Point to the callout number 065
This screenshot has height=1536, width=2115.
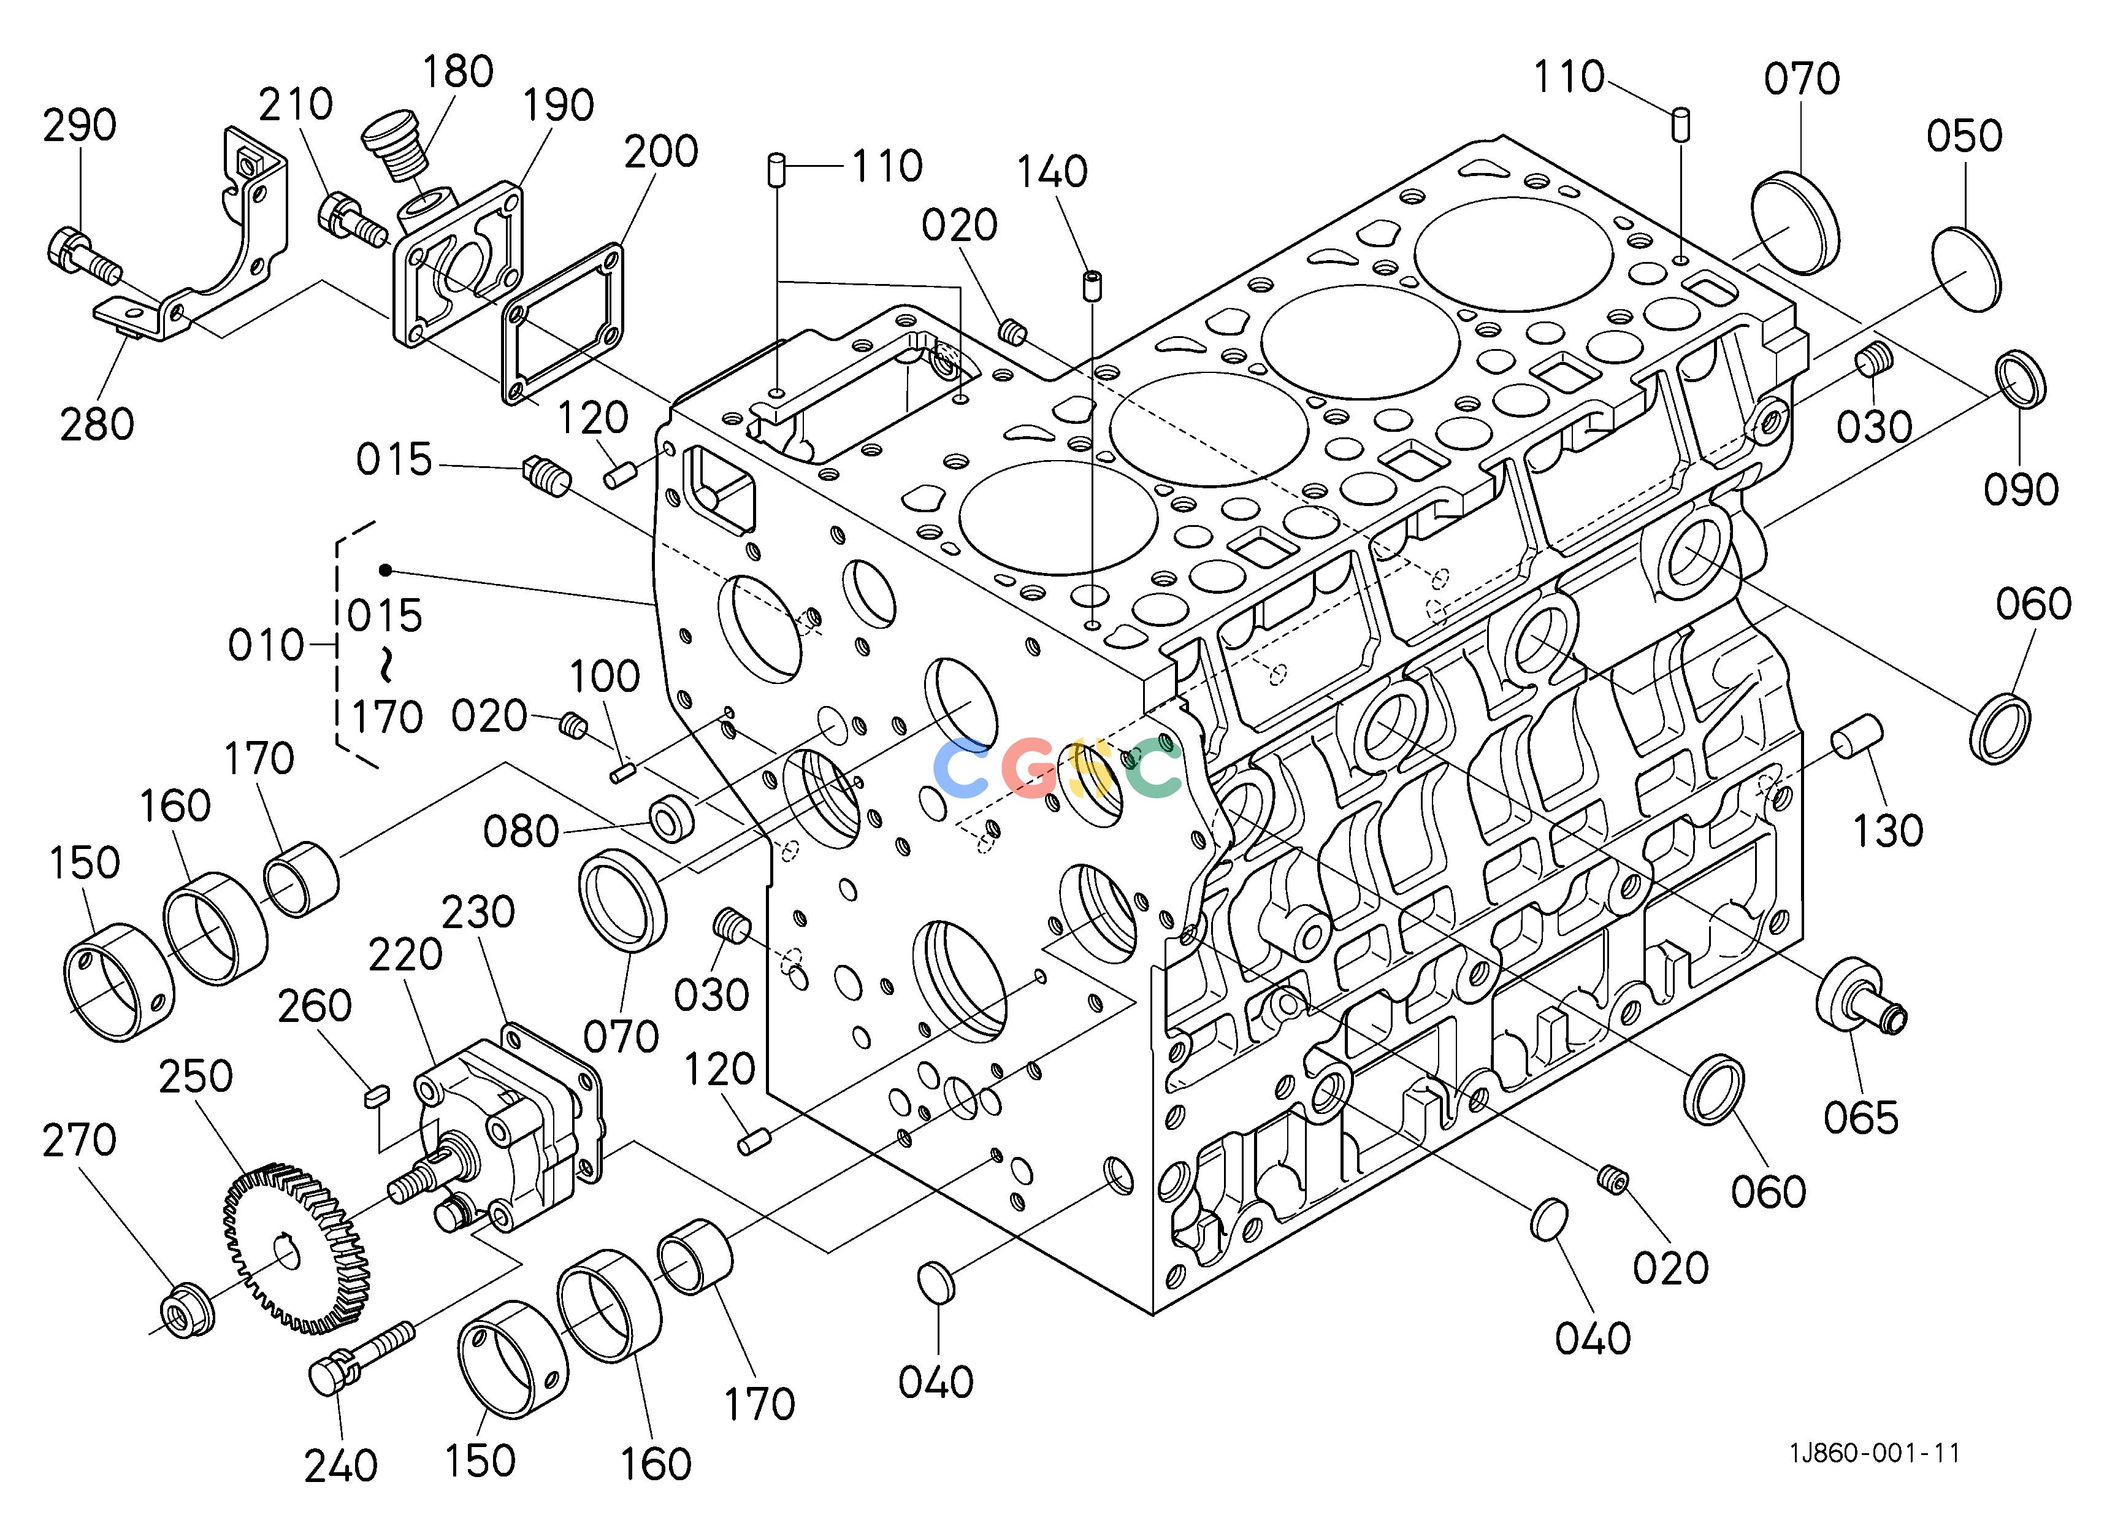(x=1861, y=1117)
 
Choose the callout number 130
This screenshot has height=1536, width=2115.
(x=1888, y=830)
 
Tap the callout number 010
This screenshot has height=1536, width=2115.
(x=267, y=645)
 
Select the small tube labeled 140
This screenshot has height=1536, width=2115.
(x=1090, y=285)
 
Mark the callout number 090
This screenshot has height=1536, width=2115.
(x=2021, y=489)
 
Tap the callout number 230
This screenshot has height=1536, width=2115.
(x=478, y=912)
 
